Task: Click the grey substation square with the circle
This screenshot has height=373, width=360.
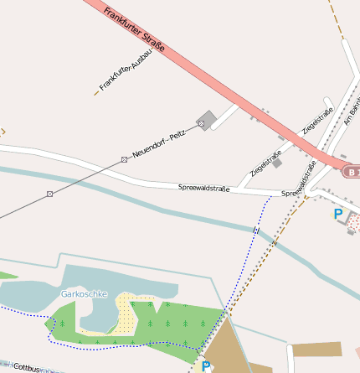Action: [206, 120]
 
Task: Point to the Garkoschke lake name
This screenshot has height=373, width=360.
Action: [84, 294]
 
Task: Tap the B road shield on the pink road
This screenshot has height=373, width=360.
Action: [352, 171]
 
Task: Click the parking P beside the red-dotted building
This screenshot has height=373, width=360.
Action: [338, 215]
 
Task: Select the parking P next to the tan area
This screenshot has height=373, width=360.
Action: [206, 366]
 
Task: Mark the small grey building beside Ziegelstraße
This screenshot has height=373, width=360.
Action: [276, 163]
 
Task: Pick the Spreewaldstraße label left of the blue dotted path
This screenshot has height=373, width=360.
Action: [203, 189]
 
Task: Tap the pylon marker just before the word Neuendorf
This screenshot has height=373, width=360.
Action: [124, 159]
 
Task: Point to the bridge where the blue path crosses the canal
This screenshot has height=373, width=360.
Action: [257, 230]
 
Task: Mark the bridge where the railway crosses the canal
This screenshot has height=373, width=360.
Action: [274, 242]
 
